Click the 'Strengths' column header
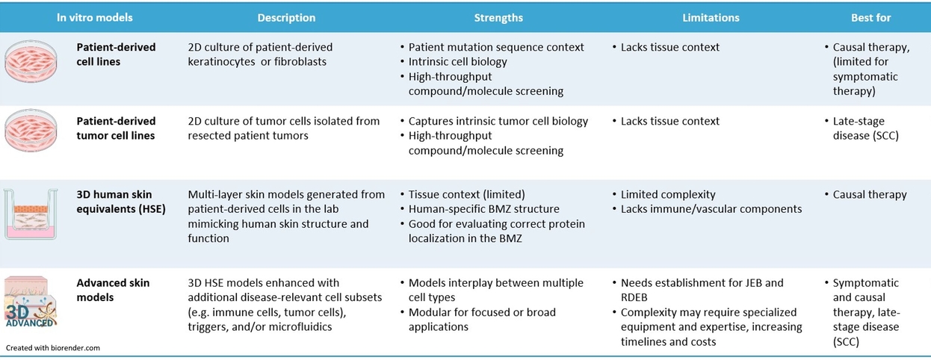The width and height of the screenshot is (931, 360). pos(498,17)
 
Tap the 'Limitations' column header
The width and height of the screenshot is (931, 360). pos(711,17)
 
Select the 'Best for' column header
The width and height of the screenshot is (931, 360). pos(870,17)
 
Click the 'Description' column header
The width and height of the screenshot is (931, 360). pos(286,17)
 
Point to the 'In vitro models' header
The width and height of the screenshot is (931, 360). pos(95,17)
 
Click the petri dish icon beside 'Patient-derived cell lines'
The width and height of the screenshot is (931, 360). pos(31,61)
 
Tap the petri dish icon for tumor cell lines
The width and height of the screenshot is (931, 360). pos(31,131)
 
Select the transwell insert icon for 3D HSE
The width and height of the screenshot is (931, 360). pos(31,214)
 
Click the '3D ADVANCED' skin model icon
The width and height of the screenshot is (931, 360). pos(31,302)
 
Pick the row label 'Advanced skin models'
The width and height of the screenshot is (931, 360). pos(113,290)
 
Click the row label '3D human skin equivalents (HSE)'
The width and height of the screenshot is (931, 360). pos(121,202)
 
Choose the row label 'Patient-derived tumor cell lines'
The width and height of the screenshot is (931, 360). pos(116,128)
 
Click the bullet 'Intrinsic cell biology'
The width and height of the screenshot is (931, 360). pos(457,62)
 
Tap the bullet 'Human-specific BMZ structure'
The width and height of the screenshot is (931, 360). pos(483,209)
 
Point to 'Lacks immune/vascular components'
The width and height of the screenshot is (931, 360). pos(711,209)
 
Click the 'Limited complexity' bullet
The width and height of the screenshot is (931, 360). pos(668,194)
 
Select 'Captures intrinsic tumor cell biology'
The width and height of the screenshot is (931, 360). pos(498,121)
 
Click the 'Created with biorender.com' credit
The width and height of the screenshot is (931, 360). pos(53,348)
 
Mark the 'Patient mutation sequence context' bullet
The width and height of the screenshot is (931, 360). pos(496,47)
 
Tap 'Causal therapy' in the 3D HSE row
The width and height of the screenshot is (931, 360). pos(870,194)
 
